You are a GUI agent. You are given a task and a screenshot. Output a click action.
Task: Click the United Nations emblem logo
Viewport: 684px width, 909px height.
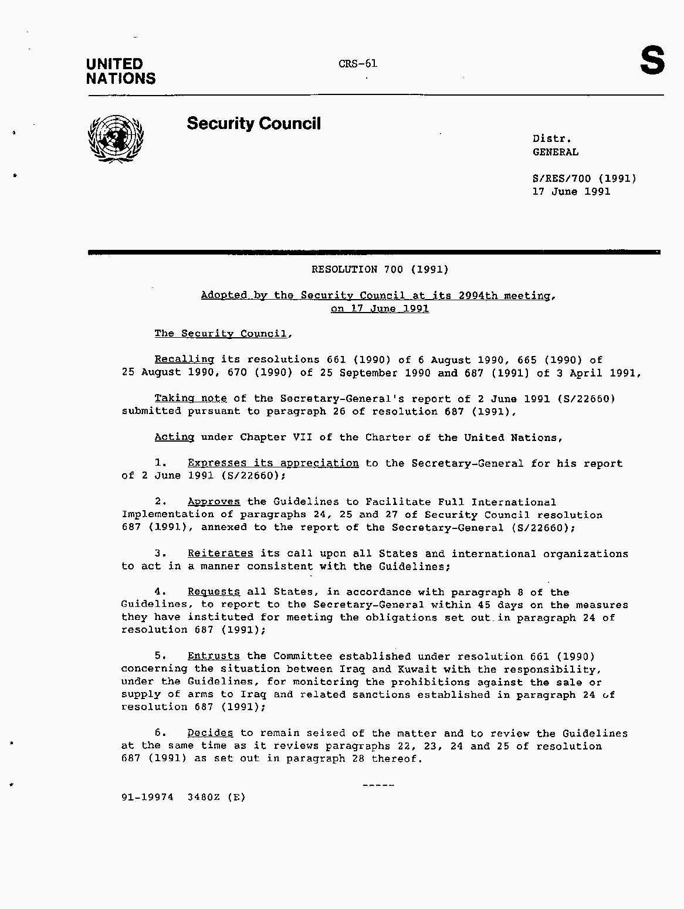[x=116, y=138]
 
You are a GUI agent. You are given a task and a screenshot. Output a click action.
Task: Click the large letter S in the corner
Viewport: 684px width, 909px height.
[x=652, y=61]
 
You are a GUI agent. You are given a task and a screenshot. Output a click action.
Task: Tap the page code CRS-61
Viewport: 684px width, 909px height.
[x=358, y=63]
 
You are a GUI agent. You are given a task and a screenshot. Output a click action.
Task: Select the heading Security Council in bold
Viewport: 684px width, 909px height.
[x=253, y=124]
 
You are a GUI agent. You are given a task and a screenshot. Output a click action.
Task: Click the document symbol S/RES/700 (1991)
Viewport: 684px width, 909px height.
[x=584, y=178]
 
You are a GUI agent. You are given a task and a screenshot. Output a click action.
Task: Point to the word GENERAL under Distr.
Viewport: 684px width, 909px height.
[x=555, y=152]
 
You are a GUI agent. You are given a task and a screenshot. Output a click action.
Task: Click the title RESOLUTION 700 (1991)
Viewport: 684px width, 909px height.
[x=380, y=270]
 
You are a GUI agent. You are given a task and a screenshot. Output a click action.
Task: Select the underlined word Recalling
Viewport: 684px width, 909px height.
[x=184, y=359]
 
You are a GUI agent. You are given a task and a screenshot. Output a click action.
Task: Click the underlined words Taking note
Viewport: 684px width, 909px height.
[x=191, y=398]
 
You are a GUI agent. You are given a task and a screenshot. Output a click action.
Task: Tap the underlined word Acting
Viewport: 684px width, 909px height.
[x=174, y=437]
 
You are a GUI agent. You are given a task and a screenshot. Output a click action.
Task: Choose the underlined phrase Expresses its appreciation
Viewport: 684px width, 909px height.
[x=273, y=463]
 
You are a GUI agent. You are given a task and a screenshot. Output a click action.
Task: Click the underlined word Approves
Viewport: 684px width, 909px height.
[x=214, y=502]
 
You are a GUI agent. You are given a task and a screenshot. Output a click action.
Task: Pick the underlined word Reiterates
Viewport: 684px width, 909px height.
[x=220, y=554]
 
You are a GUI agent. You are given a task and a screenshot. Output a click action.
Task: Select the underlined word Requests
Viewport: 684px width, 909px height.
[x=214, y=592]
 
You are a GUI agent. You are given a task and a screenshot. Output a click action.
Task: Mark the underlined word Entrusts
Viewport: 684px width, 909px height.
[x=214, y=656]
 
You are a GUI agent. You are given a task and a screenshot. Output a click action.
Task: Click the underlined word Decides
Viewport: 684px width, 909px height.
[x=210, y=733]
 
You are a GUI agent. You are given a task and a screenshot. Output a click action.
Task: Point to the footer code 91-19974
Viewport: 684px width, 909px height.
[x=147, y=797]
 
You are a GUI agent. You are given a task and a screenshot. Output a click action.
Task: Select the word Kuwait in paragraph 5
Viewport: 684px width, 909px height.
[x=417, y=669]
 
